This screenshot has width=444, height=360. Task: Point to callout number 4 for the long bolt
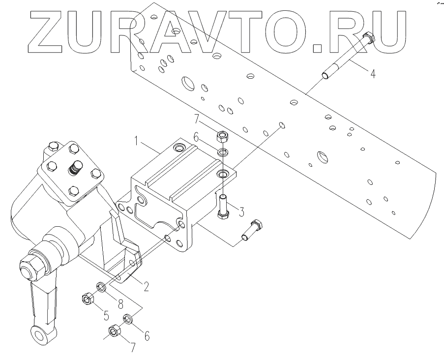point(373,74)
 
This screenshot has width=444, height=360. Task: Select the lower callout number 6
point(146,336)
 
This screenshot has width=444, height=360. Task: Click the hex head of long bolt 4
point(368,37)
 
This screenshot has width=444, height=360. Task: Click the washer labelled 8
point(102,286)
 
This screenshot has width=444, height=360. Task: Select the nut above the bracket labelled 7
point(222,135)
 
